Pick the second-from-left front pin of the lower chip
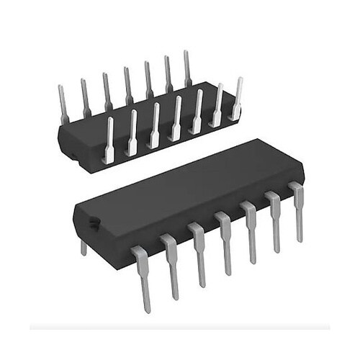coord(171,263)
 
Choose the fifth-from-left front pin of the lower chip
coord(250,230)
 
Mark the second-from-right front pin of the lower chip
coord(274,220)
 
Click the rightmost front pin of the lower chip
coord(297,209)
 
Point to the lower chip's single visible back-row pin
coord(84,248)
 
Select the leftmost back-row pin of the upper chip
coord(63,101)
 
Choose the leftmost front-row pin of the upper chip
coord(109,140)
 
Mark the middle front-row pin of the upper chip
coord(176,119)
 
